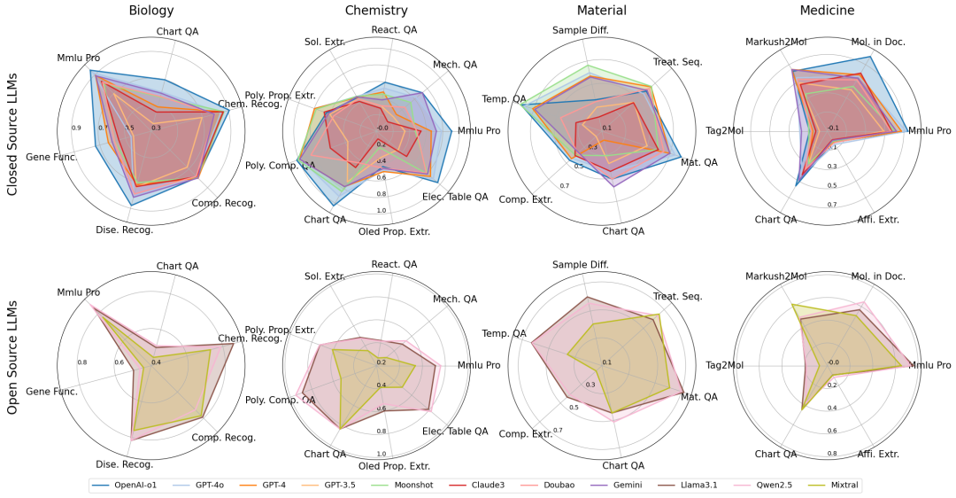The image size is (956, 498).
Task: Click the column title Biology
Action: coord(150,11)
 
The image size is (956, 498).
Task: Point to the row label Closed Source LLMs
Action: coord(13,132)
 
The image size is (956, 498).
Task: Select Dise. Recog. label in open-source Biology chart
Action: coord(124,463)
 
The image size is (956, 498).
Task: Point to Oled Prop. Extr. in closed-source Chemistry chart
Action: coord(394,232)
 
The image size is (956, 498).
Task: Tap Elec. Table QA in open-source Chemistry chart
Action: coord(455,432)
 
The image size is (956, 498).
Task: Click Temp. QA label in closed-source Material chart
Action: coord(504,98)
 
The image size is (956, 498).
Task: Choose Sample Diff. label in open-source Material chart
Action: coord(582,265)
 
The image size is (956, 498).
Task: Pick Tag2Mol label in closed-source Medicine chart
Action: coord(725,131)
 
